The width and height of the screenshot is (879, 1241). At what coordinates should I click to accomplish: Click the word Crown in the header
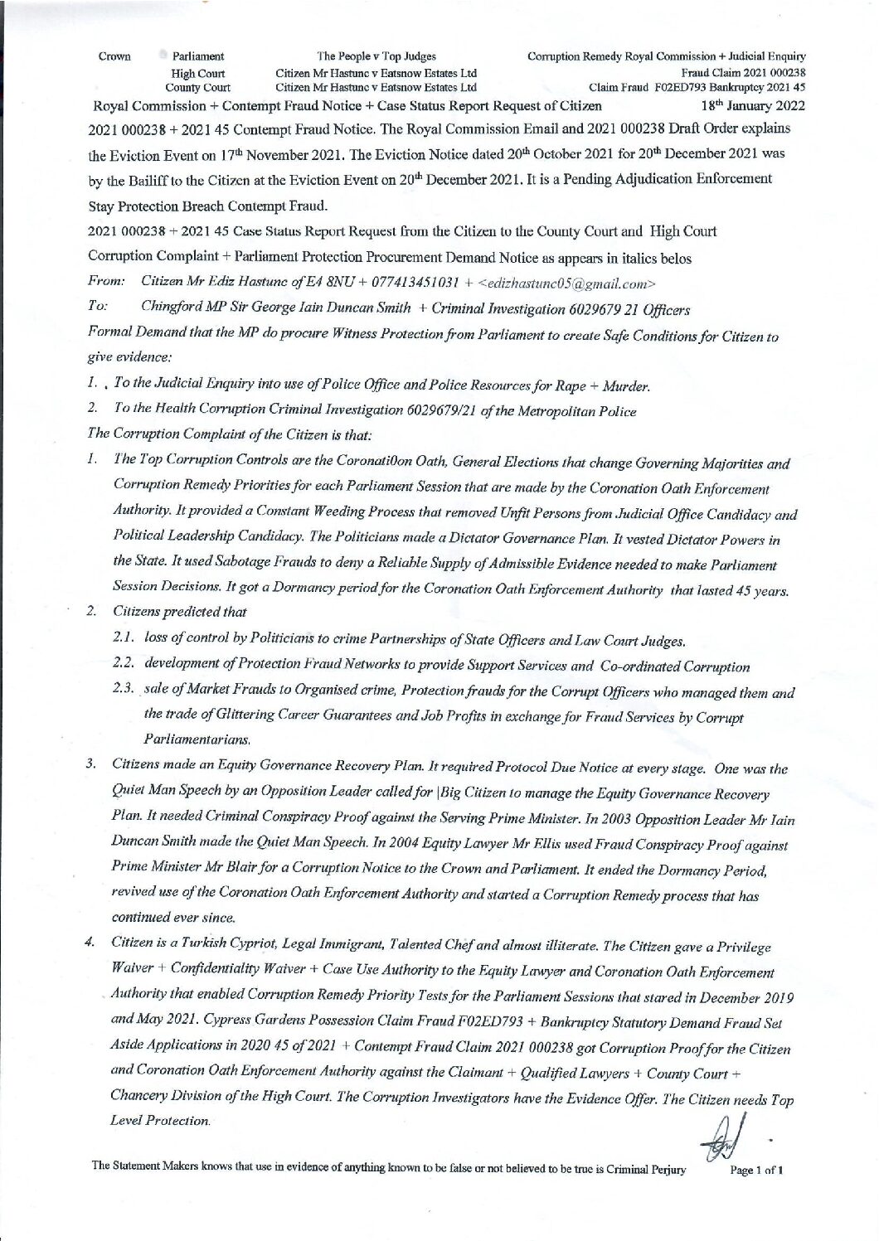click(114, 56)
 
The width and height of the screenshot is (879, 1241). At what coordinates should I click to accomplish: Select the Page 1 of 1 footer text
click(756, 1170)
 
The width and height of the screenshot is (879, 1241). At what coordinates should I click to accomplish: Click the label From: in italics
click(106, 283)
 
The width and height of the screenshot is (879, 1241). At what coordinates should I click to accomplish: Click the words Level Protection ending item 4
click(160, 1121)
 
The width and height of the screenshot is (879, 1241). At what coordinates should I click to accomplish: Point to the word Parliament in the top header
click(197, 56)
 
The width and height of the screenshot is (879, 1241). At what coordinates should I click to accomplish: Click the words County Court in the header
click(197, 86)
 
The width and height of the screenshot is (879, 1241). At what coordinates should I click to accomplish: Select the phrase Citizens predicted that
click(180, 612)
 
